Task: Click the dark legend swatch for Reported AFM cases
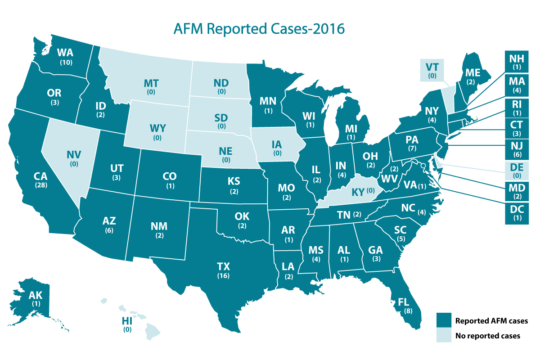444,321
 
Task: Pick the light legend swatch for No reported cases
444,336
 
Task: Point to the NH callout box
513,62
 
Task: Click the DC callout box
513,211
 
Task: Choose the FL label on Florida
398,302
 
